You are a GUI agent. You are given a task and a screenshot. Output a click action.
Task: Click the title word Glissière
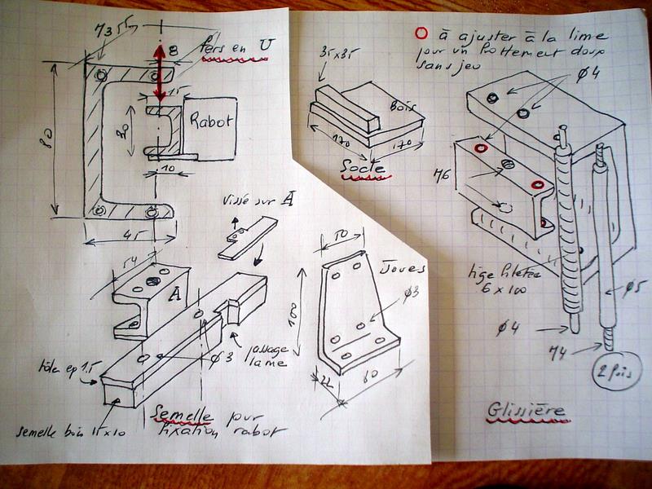coord(527,410)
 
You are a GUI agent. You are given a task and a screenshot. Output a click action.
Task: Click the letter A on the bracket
coord(173,294)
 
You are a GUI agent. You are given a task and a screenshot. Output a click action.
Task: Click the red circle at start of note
coord(421,35)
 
